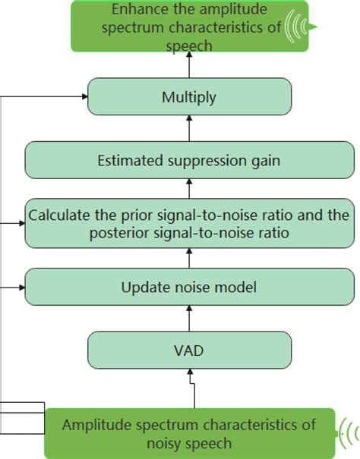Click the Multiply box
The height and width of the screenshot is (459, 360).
(x=189, y=98)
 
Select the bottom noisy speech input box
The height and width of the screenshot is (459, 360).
(x=190, y=432)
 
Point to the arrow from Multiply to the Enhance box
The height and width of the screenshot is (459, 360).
(x=189, y=68)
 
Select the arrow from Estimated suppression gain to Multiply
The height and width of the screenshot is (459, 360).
(x=189, y=130)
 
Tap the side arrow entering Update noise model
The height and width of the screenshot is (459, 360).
(x=15, y=288)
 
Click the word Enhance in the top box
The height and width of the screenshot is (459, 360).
(x=138, y=10)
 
